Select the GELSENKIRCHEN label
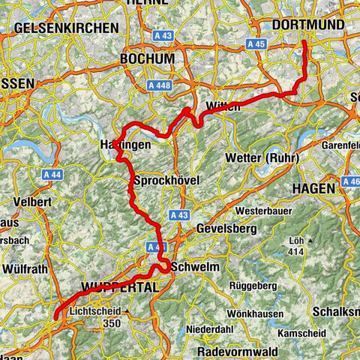point(66,28)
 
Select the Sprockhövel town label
point(166,181)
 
